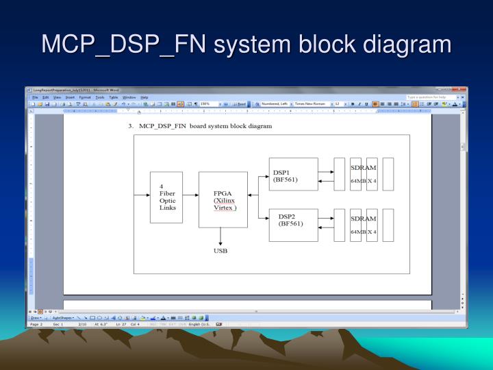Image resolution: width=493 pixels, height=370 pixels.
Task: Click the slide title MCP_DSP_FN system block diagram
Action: point(246,45)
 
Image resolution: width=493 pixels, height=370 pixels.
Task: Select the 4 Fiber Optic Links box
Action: point(166,197)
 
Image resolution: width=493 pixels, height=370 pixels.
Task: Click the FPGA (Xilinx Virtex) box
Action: point(223,199)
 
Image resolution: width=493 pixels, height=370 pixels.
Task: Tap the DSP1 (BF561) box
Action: point(294,174)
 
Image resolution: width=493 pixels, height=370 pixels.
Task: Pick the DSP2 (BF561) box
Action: point(294,224)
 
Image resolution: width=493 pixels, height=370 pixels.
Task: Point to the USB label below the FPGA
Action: point(220,251)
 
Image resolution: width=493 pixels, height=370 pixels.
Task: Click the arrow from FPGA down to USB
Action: point(220,236)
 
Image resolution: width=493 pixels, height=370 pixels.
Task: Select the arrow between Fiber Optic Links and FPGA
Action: point(191,195)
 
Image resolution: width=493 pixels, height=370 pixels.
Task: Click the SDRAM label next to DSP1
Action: point(363,168)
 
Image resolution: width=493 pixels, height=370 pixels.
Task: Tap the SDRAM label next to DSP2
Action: point(363,219)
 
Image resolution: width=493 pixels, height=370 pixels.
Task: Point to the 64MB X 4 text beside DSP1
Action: point(363,181)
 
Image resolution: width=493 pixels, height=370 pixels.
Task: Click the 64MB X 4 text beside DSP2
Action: point(363,232)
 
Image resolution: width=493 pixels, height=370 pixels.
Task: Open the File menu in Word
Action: point(35,97)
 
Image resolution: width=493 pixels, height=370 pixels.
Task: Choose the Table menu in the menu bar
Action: point(114,97)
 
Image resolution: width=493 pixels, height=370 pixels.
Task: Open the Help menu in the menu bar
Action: point(144,97)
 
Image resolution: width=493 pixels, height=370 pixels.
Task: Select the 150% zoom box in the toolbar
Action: point(207,103)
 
